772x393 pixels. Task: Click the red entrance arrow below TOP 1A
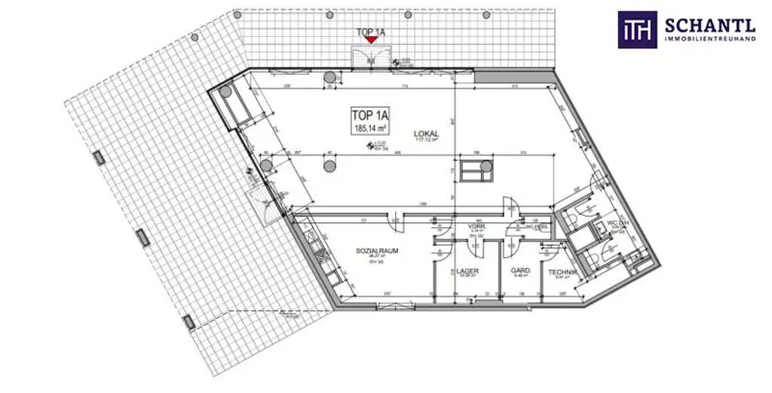coord(369,41)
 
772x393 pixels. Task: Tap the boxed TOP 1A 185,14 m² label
coord(369,121)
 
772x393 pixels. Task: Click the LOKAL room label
coord(426,134)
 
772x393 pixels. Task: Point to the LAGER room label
coord(467,271)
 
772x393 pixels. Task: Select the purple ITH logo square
coord(637,29)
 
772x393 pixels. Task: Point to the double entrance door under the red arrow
coord(369,59)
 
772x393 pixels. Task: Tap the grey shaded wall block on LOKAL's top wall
coord(496,75)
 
